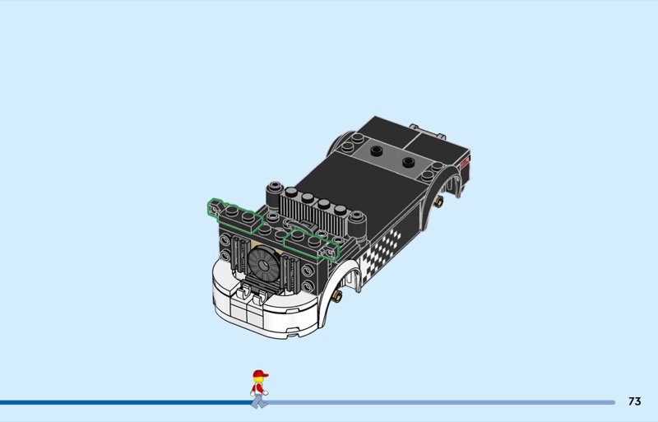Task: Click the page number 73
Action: point(634,401)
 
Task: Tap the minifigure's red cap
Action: point(260,373)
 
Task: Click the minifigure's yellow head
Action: point(258,379)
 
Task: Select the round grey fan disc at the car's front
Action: point(263,264)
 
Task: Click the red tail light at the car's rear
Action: point(466,162)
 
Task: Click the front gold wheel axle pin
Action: point(336,296)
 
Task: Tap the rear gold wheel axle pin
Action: point(438,202)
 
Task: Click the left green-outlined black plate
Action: point(235,215)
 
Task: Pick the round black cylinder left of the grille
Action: point(274,195)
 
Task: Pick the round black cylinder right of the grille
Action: point(357,225)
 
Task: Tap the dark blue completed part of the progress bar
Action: point(126,402)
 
